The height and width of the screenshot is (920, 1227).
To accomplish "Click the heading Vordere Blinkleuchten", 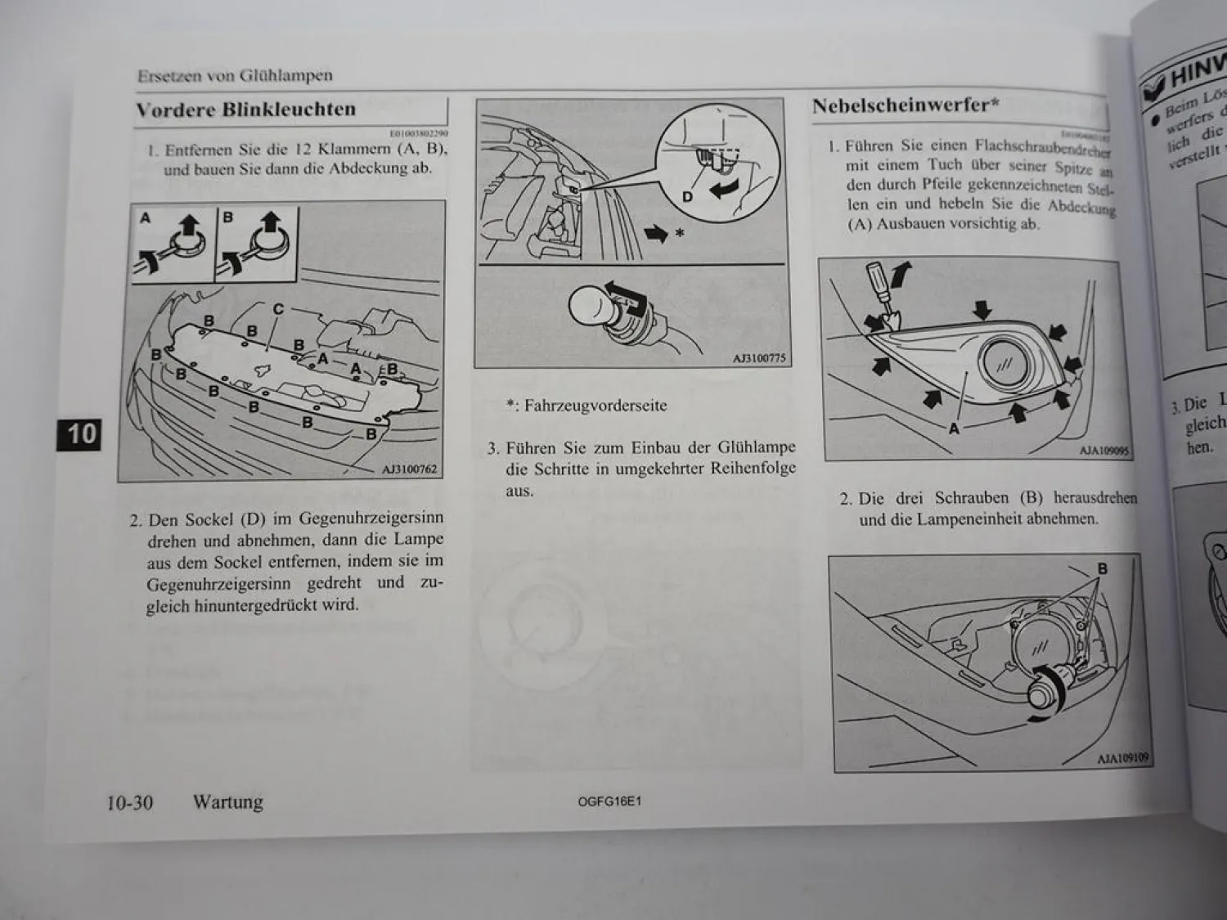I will coord(245,110).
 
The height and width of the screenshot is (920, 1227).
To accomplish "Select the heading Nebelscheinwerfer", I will coord(905,105).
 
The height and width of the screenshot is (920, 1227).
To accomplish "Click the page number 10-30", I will coord(129,802).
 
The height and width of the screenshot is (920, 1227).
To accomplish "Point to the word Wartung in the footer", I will coord(228,802).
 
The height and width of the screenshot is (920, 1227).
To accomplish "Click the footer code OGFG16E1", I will coord(609,802).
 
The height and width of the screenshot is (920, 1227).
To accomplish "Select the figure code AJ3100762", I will coord(409,469).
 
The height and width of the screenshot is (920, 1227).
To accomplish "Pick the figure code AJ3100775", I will coord(758,358).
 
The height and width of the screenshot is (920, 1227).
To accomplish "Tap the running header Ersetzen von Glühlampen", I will coord(235,76).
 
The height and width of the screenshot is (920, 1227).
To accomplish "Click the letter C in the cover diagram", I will coord(278,310).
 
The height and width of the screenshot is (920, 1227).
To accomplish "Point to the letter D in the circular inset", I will coord(687,197).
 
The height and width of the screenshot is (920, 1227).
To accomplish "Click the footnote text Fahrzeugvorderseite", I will coord(595,406).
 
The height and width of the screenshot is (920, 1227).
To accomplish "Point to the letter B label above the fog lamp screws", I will coord(1103,569).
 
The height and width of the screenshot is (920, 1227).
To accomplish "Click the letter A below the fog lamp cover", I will coord(954,427).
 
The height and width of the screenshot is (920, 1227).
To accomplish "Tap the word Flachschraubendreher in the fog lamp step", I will coord(1041,148).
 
